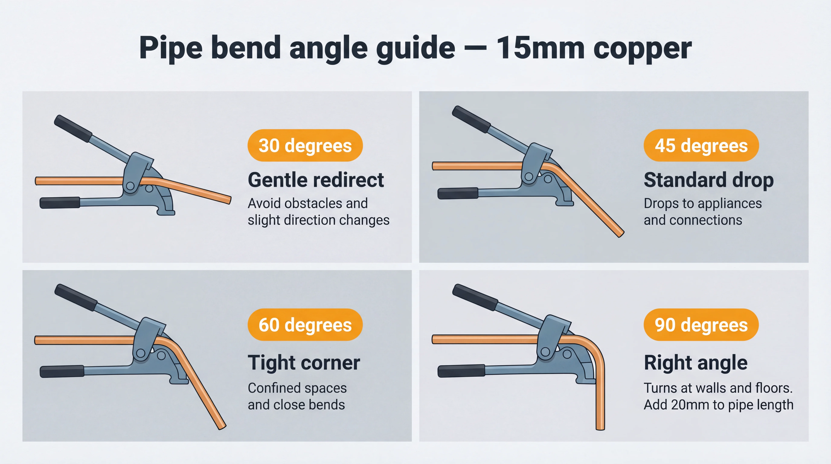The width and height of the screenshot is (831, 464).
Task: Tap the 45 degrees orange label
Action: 701,145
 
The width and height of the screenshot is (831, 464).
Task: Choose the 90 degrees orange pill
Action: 701,325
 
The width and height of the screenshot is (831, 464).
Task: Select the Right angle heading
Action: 696,363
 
